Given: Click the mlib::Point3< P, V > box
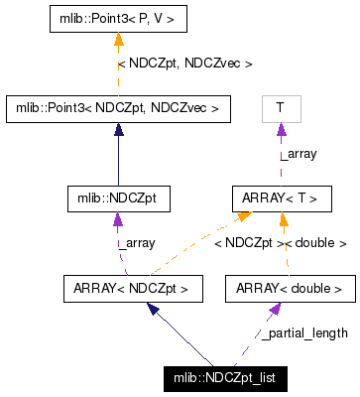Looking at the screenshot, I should coord(118,17).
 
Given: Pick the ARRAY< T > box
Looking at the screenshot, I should coord(280,198).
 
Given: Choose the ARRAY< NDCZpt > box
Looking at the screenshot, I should coord(131,290).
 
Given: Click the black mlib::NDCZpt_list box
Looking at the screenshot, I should coord(224,379).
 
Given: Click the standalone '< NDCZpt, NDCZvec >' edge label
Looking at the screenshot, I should coord(185,63).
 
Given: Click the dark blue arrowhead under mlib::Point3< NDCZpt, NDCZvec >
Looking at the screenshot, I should coord(118,129).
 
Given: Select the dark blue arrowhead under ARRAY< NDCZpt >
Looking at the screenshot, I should coord(153,310).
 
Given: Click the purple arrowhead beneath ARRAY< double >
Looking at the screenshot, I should coord(275,310).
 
